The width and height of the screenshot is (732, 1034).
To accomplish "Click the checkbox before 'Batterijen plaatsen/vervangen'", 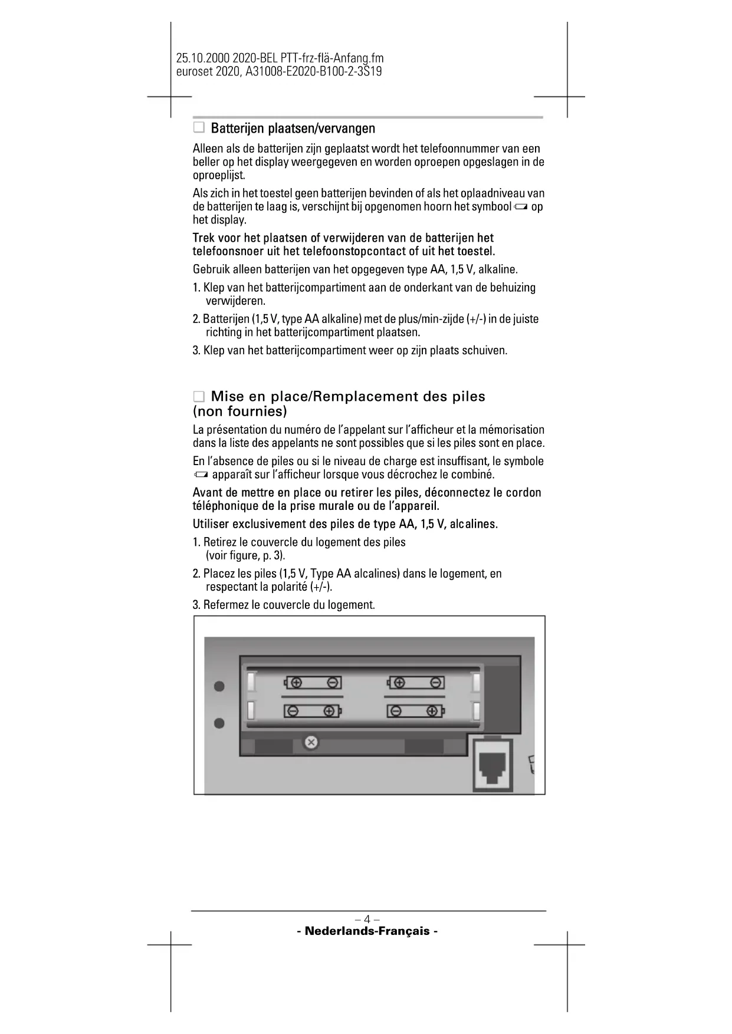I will (199, 127).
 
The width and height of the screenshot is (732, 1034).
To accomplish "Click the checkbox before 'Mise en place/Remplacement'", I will (199, 396).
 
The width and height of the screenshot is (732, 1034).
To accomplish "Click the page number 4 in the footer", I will (367, 919).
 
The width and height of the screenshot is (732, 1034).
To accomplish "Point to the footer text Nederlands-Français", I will (367, 931).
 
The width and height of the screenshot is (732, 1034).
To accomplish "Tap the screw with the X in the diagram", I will (311, 743).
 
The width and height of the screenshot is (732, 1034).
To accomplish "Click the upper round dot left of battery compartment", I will (219, 687).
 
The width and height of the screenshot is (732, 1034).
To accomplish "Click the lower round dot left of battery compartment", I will (219, 723).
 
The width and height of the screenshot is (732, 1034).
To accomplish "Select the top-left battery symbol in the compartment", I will (313, 683).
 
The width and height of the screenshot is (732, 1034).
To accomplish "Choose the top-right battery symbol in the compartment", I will (415, 683).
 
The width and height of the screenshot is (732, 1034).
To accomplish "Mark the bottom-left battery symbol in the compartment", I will (313, 711).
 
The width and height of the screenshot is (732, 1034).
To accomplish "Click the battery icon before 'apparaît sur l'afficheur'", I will (201, 475).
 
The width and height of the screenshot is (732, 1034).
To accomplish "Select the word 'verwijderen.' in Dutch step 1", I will (235, 301).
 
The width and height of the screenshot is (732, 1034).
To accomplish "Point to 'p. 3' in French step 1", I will (273, 555).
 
